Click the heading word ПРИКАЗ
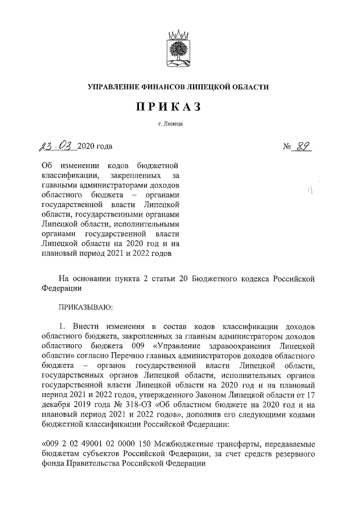pos(179,107)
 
